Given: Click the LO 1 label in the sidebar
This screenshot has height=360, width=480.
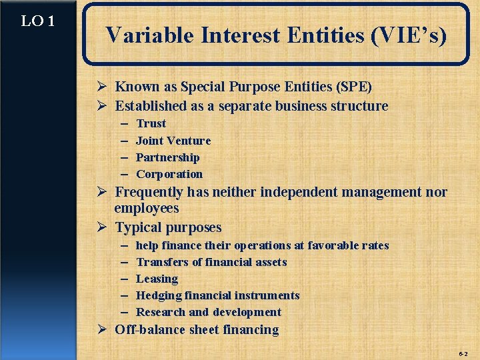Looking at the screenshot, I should click(x=37, y=21).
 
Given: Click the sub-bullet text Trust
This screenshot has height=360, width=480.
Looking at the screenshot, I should click(x=151, y=123).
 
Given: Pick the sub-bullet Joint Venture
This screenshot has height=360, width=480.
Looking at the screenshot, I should click(x=173, y=141).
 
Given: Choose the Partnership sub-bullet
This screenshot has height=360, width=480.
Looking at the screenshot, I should click(x=167, y=157).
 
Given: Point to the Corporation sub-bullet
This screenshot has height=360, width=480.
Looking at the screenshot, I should click(x=169, y=174).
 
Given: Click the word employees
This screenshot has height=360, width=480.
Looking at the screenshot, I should click(x=147, y=209).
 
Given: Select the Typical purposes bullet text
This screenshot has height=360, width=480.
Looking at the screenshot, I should click(x=168, y=227).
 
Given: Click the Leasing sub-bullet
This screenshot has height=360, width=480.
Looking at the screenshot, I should click(x=157, y=279).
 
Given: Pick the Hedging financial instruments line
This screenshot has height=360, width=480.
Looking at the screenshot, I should click(x=217, y=295).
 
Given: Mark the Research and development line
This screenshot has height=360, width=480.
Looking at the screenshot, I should click(x=209, y=312).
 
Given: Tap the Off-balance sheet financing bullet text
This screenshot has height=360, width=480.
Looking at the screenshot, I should click(x=197, y=329).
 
